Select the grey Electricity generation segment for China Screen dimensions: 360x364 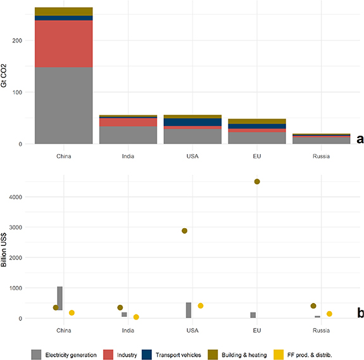click(63, 105)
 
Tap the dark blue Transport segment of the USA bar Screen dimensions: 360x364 click(192, 122)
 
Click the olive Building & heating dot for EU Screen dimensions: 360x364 click(257, 182)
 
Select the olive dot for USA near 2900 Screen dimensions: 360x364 click(184, 231)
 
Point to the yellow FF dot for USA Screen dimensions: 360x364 click(201, 305)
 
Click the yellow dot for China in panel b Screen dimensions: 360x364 click(72, 313)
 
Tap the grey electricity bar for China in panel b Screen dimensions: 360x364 click(60, 298)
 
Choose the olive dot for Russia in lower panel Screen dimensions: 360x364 click(313, 306)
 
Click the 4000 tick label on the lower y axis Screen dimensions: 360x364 click(16, 197)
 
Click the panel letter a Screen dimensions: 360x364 click(359, 139)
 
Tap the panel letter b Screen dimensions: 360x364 click(359, 312)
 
